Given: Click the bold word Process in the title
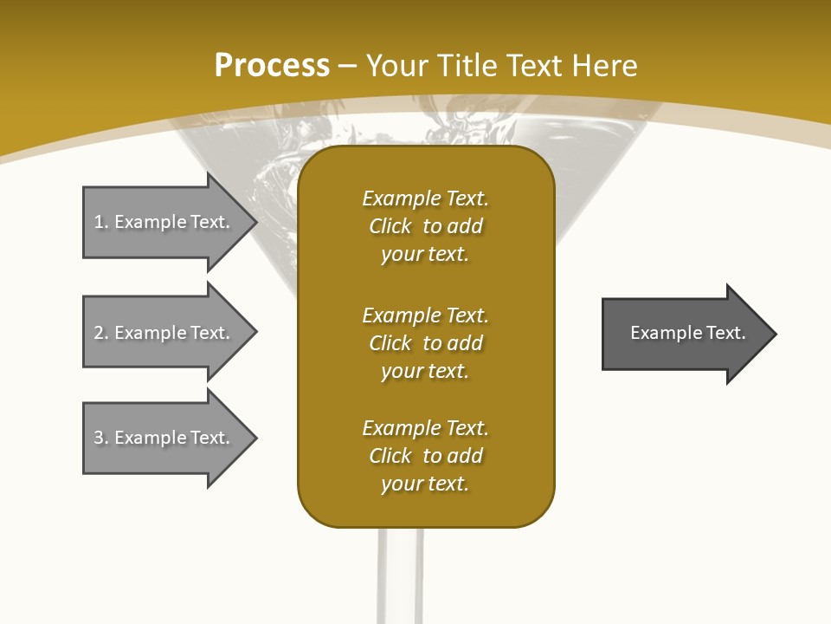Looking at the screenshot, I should pyautogui.click(x=272, y=66).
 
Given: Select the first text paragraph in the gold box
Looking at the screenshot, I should pyautogui.click(x=425, y=226).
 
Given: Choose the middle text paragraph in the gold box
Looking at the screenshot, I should pyautogui.click(x=425, y=343).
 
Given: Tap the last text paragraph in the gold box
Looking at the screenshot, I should pyautogui.click(x=425, y=456).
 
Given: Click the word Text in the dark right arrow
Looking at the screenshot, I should pyautogui.click(x=726, y=333).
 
